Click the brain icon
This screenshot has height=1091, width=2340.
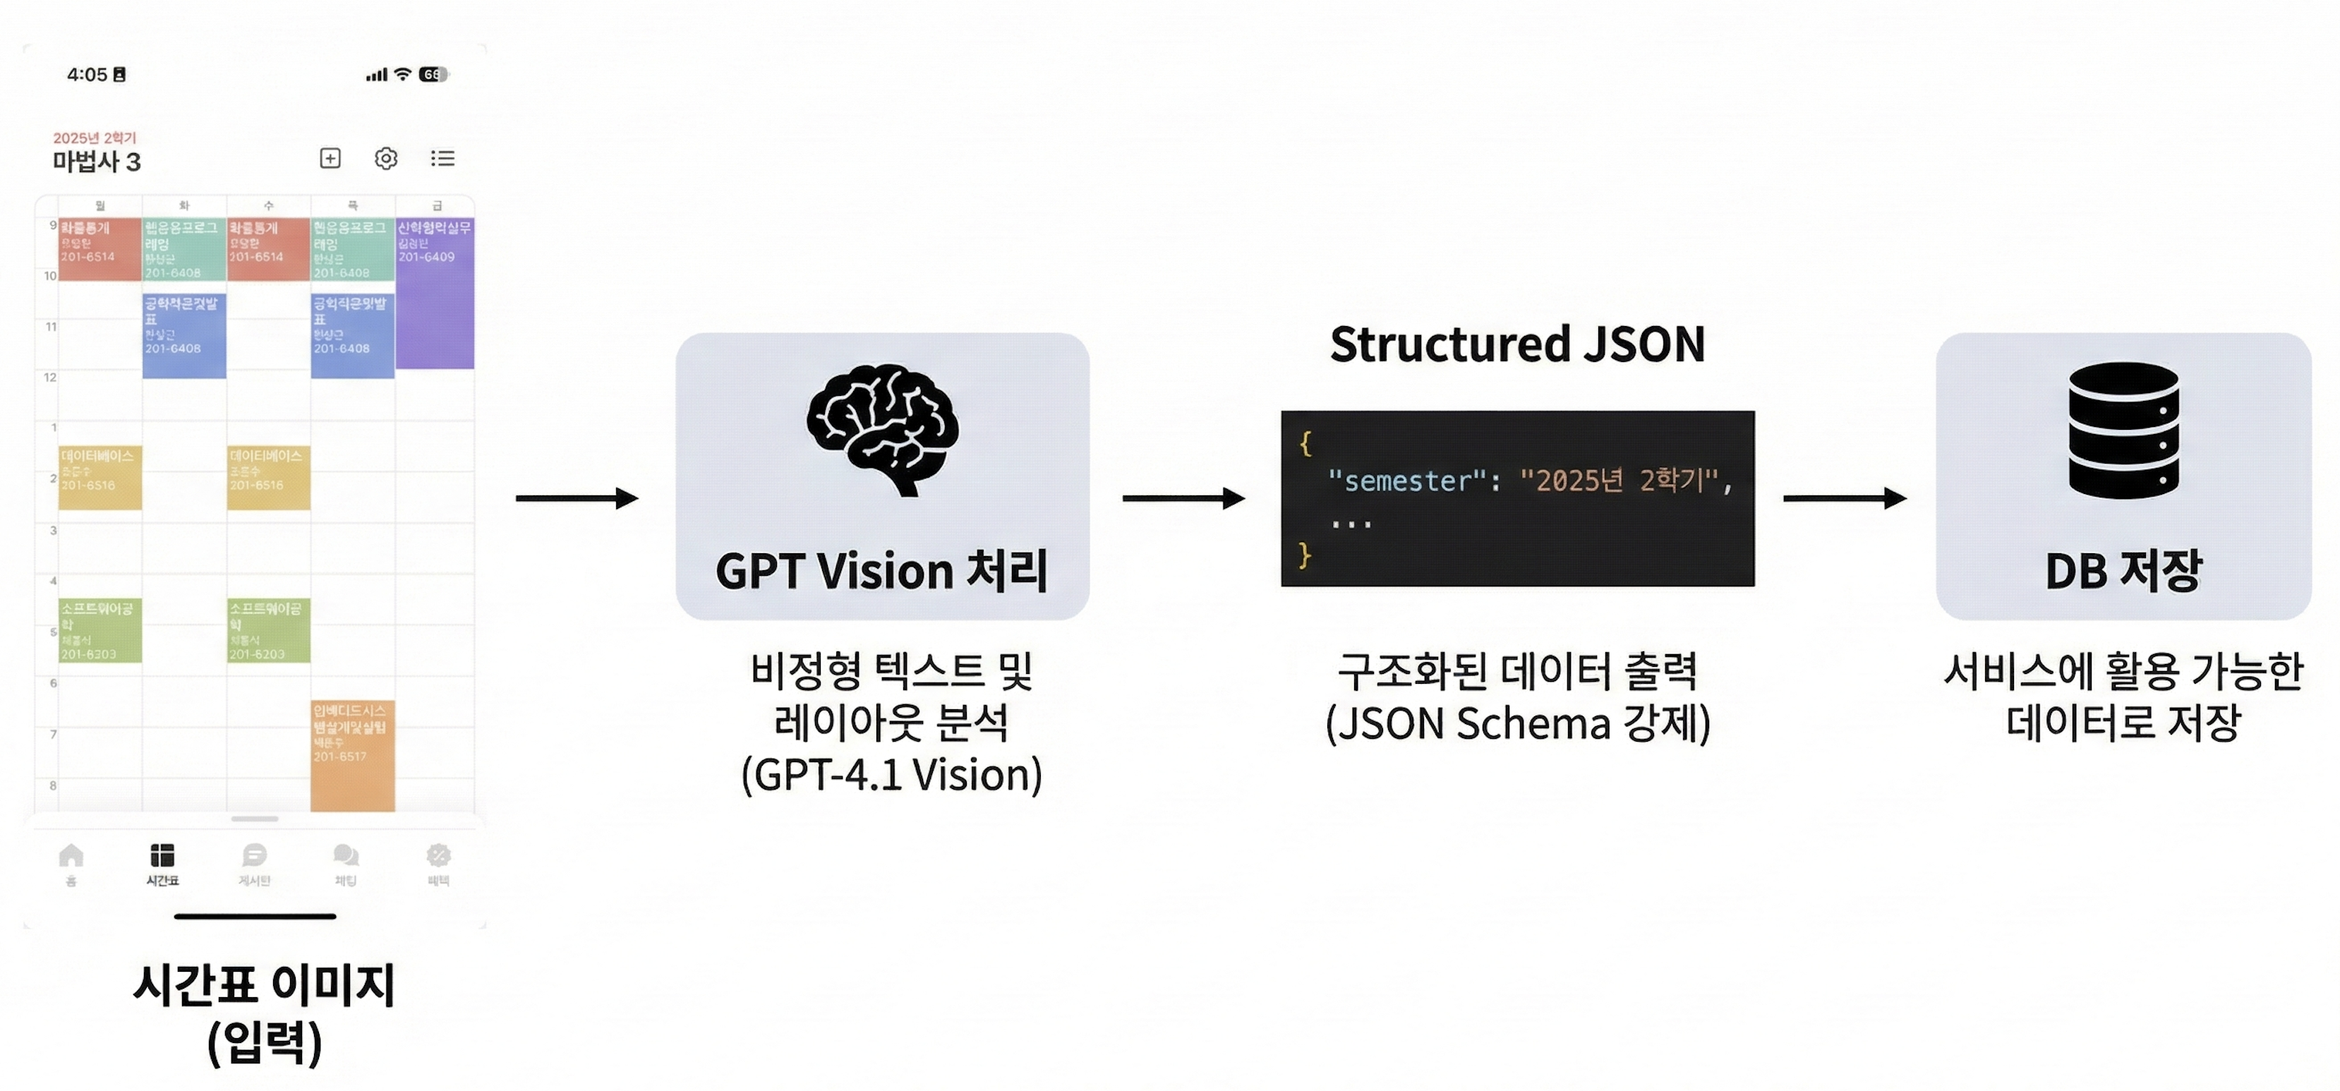point(882,430)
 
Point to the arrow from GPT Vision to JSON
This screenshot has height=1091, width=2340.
point(1183,498)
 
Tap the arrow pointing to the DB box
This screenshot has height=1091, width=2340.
point(1844,498)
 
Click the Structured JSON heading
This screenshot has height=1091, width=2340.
point(1517,344)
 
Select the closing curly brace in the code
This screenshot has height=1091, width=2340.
point(1305,553)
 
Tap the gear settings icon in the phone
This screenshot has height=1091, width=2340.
point(386,159)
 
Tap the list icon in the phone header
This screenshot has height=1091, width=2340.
point(442,159)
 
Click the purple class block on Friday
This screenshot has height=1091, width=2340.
point(435,294)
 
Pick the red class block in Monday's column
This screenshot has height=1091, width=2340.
point(100,248)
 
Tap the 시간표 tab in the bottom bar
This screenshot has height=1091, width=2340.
point(162,864)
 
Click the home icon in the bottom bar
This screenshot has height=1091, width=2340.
point(71,857)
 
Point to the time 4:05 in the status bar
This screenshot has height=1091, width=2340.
point(88,75)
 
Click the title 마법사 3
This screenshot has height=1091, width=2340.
point(96,162)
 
